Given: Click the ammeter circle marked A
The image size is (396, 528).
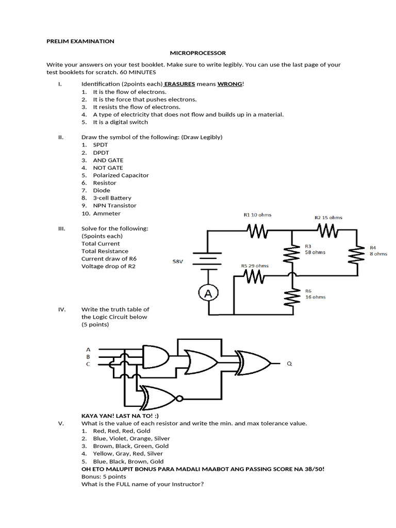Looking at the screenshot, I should pos(208,293).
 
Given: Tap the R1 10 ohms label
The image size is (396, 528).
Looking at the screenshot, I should pos(257,214).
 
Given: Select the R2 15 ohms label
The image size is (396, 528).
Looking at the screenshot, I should pos(328,217).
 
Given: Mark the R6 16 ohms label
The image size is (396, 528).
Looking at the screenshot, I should pos(315,293).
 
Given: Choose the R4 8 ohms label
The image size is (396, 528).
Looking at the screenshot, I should pos(378,251).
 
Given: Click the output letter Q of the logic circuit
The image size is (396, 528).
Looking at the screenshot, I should pos(289,364).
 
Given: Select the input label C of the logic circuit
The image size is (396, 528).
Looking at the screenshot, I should pos(88,364).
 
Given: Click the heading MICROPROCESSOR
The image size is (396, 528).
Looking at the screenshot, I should pos(198,53).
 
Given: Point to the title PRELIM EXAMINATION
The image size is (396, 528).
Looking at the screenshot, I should pos(80,41).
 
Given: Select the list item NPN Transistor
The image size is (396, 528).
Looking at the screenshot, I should pos(114,205).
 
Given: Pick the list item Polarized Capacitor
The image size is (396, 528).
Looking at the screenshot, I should pos(121,175).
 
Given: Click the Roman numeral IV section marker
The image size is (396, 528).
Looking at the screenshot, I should pos(61,309).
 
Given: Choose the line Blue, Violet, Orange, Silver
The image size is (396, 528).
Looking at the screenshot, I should pos(131,438).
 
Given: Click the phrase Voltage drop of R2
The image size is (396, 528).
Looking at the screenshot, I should pos(108,266).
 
